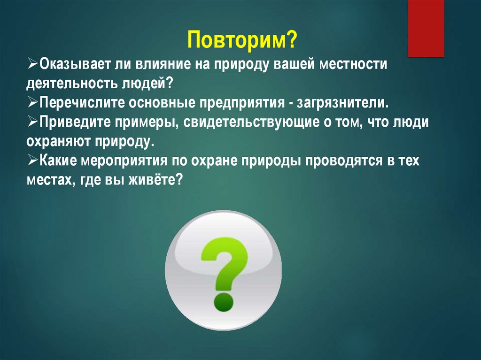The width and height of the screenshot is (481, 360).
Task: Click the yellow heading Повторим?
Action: [x=242, y=39]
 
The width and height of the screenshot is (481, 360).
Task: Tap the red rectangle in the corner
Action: [x=426, y=28]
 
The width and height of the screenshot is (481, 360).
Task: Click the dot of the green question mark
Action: [x=224, y=302]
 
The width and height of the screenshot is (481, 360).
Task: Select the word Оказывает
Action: [x=75, y=64]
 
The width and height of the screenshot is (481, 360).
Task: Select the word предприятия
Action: [x=242, y=103]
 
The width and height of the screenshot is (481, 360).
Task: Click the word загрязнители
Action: [x=342, y=103]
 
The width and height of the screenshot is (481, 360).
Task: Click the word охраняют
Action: [x=58, y=142]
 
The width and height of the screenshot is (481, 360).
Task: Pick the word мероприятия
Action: [x=124, y=161]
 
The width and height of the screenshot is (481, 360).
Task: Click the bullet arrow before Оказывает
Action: [x=32, y=64]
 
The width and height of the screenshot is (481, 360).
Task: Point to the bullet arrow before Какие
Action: [x=32, y=161]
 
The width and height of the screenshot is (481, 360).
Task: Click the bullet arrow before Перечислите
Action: [x=32, y=102]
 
